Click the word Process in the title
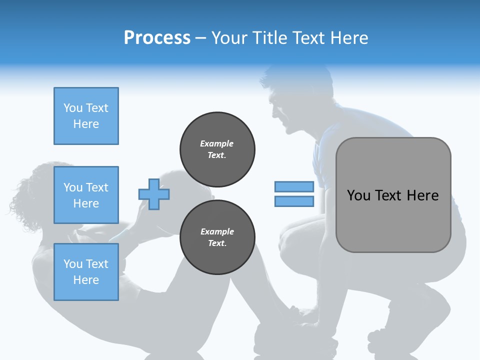157,38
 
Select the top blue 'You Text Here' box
86,116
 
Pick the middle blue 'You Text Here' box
86,195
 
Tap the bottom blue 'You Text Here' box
86,272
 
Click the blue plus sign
154,194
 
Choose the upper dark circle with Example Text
217,149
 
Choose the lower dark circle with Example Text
217,237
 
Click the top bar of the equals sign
294,187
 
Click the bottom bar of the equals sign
294,201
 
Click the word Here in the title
348,38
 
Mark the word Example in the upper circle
216,143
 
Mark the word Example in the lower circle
217,231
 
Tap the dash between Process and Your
200,38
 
